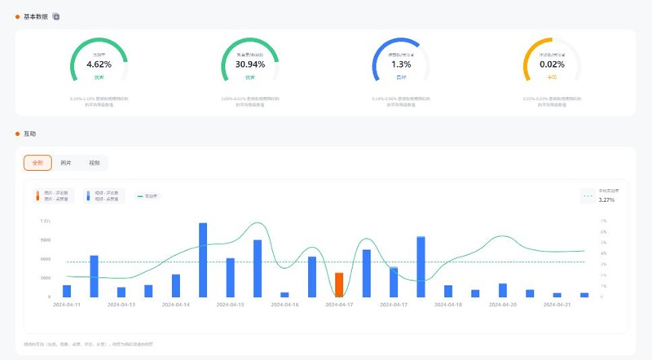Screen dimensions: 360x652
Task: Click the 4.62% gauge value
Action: pyautogui.click(x=99, y=64)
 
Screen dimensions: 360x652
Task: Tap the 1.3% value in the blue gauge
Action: pyautogui.click(x=401, y=64)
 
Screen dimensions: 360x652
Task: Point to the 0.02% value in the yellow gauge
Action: pyautogui.click(x=552, y=64)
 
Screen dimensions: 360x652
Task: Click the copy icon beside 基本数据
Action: pyautogui.click(x=56, y=16)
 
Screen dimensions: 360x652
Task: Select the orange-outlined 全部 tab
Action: pyautogui.click(x=37, y=163)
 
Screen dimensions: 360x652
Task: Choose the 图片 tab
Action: pyautogui.click(x=66, y=163)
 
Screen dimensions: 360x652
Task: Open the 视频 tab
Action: pyautogui.click(x=94, y=163)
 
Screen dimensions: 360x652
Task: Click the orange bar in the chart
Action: pyautogui.click(x=339, y=285)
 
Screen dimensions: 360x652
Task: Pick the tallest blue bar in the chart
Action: pyautogui.click(x=203, y=260)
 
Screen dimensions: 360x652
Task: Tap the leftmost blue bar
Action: pyautogui.click(x=67, y=291)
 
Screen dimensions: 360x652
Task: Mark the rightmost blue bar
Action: pyautogui.click(x=584, y=294)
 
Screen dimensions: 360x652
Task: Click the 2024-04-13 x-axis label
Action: pyautogui.click(x=121, y=305)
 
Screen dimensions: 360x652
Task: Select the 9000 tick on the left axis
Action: pyautogui.click(x=46, y=239)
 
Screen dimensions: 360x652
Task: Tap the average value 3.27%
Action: pyautogui.click(x=606, y=200)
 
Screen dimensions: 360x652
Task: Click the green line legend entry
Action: pyautogui.click(x=149, y=196)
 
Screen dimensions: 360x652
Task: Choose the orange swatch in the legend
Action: pyautogui.click(x=37, y=195)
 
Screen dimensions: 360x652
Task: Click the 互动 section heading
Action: pyautogui.click(x=29, y=133)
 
